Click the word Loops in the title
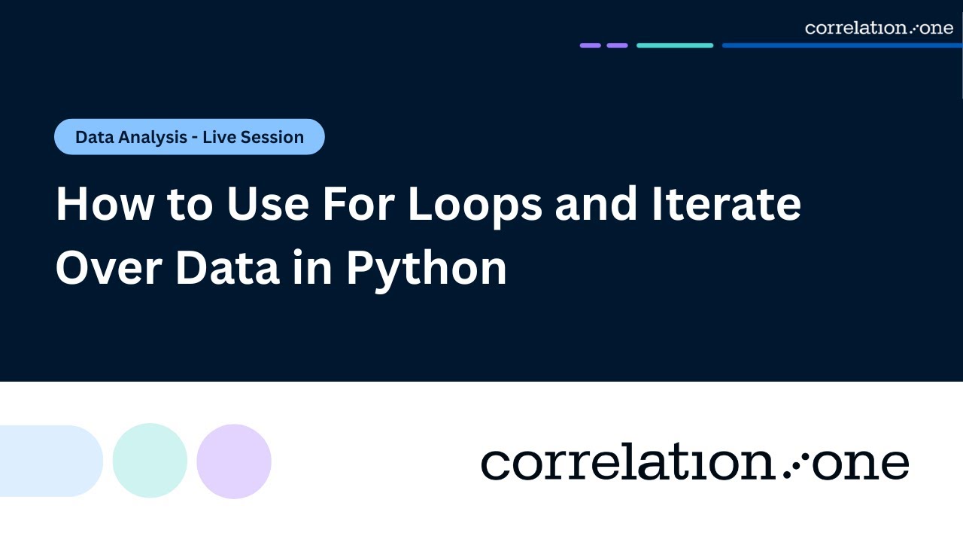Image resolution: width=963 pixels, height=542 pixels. point(475,204)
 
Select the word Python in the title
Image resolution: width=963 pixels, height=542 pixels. point(426,268)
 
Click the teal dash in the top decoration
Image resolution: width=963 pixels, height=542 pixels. point(674,45)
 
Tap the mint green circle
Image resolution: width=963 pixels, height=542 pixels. point(150,461)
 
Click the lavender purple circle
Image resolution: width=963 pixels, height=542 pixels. point(234,461)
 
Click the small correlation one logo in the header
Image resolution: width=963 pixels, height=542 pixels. point(878,28)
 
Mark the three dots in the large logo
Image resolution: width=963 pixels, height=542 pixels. point(792,465)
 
